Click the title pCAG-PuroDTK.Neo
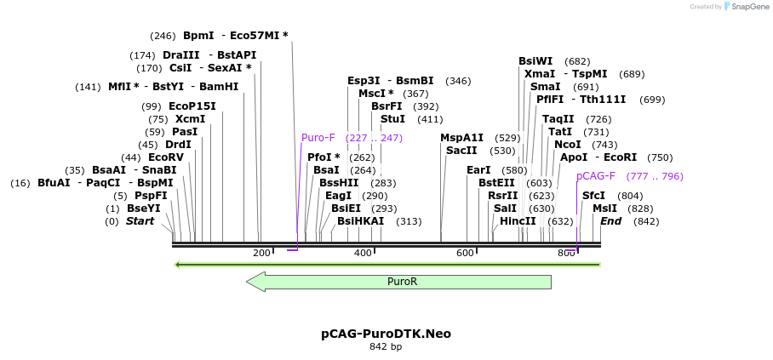(386, 334)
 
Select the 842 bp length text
(386, 347)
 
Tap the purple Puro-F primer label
(318, 138)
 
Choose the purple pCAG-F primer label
(596, 176)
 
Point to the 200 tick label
(261, 253)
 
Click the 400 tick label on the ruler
(363, 253)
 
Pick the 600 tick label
(465, 253)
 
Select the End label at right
(610, 221)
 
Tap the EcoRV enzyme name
(165, 157)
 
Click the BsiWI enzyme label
(535, 61)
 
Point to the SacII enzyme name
(461, 151)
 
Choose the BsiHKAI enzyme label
(360, 221)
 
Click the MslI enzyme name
(604, 209)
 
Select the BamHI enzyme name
(219, 87)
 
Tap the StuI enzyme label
(392, 119)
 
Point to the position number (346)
(458, 81)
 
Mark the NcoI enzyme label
(567, 145)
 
